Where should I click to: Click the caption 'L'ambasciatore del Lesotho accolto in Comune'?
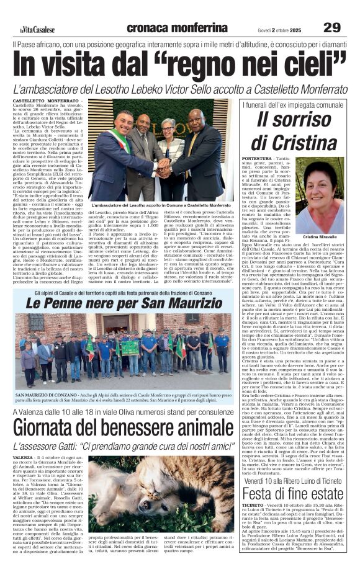pos(160,205)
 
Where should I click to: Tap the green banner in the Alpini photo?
pos(129,346)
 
